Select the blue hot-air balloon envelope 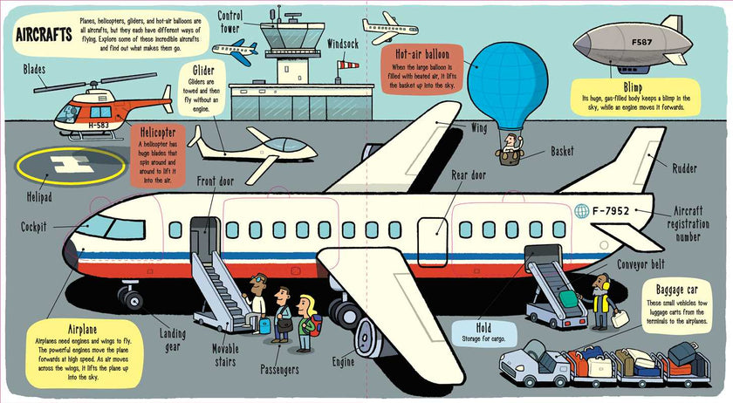click(x=497, y=82)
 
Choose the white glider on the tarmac click(x=253, y=146)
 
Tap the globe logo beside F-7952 click(x=582, y=211)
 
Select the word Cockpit click(x=38, y=227)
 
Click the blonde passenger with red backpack click(x=305, y=322)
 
